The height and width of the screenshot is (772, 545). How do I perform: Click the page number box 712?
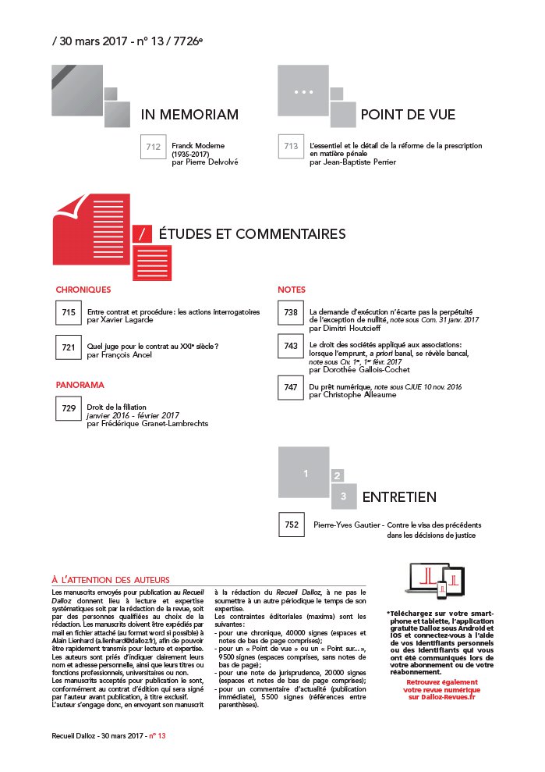coord(153,146)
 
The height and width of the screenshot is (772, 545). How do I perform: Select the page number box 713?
coord(291,146)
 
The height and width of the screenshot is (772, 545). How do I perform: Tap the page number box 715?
coord(69,313)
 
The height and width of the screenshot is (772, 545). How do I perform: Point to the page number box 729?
coord(69,408)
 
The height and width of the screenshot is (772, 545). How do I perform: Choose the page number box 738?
coord(291,313)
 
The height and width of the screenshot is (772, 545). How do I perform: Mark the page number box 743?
coord(291,346)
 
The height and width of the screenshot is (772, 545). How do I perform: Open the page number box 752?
coord(292,525)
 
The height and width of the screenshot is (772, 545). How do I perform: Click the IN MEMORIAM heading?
coord(189,116)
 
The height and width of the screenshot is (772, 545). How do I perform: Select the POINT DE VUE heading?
coord(408,116)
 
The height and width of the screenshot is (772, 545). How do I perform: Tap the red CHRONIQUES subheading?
coord(83,290)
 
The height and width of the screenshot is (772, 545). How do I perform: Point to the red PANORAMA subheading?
coord(80,385)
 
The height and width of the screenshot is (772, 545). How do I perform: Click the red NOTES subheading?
coord(292,290)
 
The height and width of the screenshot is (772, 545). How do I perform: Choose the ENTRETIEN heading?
coord(398,497)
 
